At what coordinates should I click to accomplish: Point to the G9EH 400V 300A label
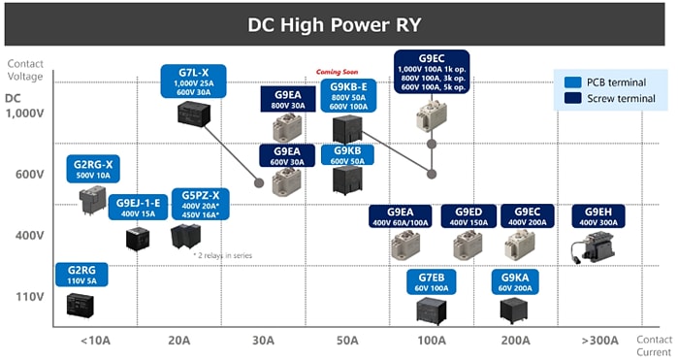pos(597,216)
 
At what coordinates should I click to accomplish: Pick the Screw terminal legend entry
pos(615,98)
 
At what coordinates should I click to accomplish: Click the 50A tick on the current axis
pos(347,341)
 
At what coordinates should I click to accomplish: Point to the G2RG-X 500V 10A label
pos(93,170)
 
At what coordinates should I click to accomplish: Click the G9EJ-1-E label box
pos(138,208)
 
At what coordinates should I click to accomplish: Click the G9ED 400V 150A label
pos(468,216)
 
